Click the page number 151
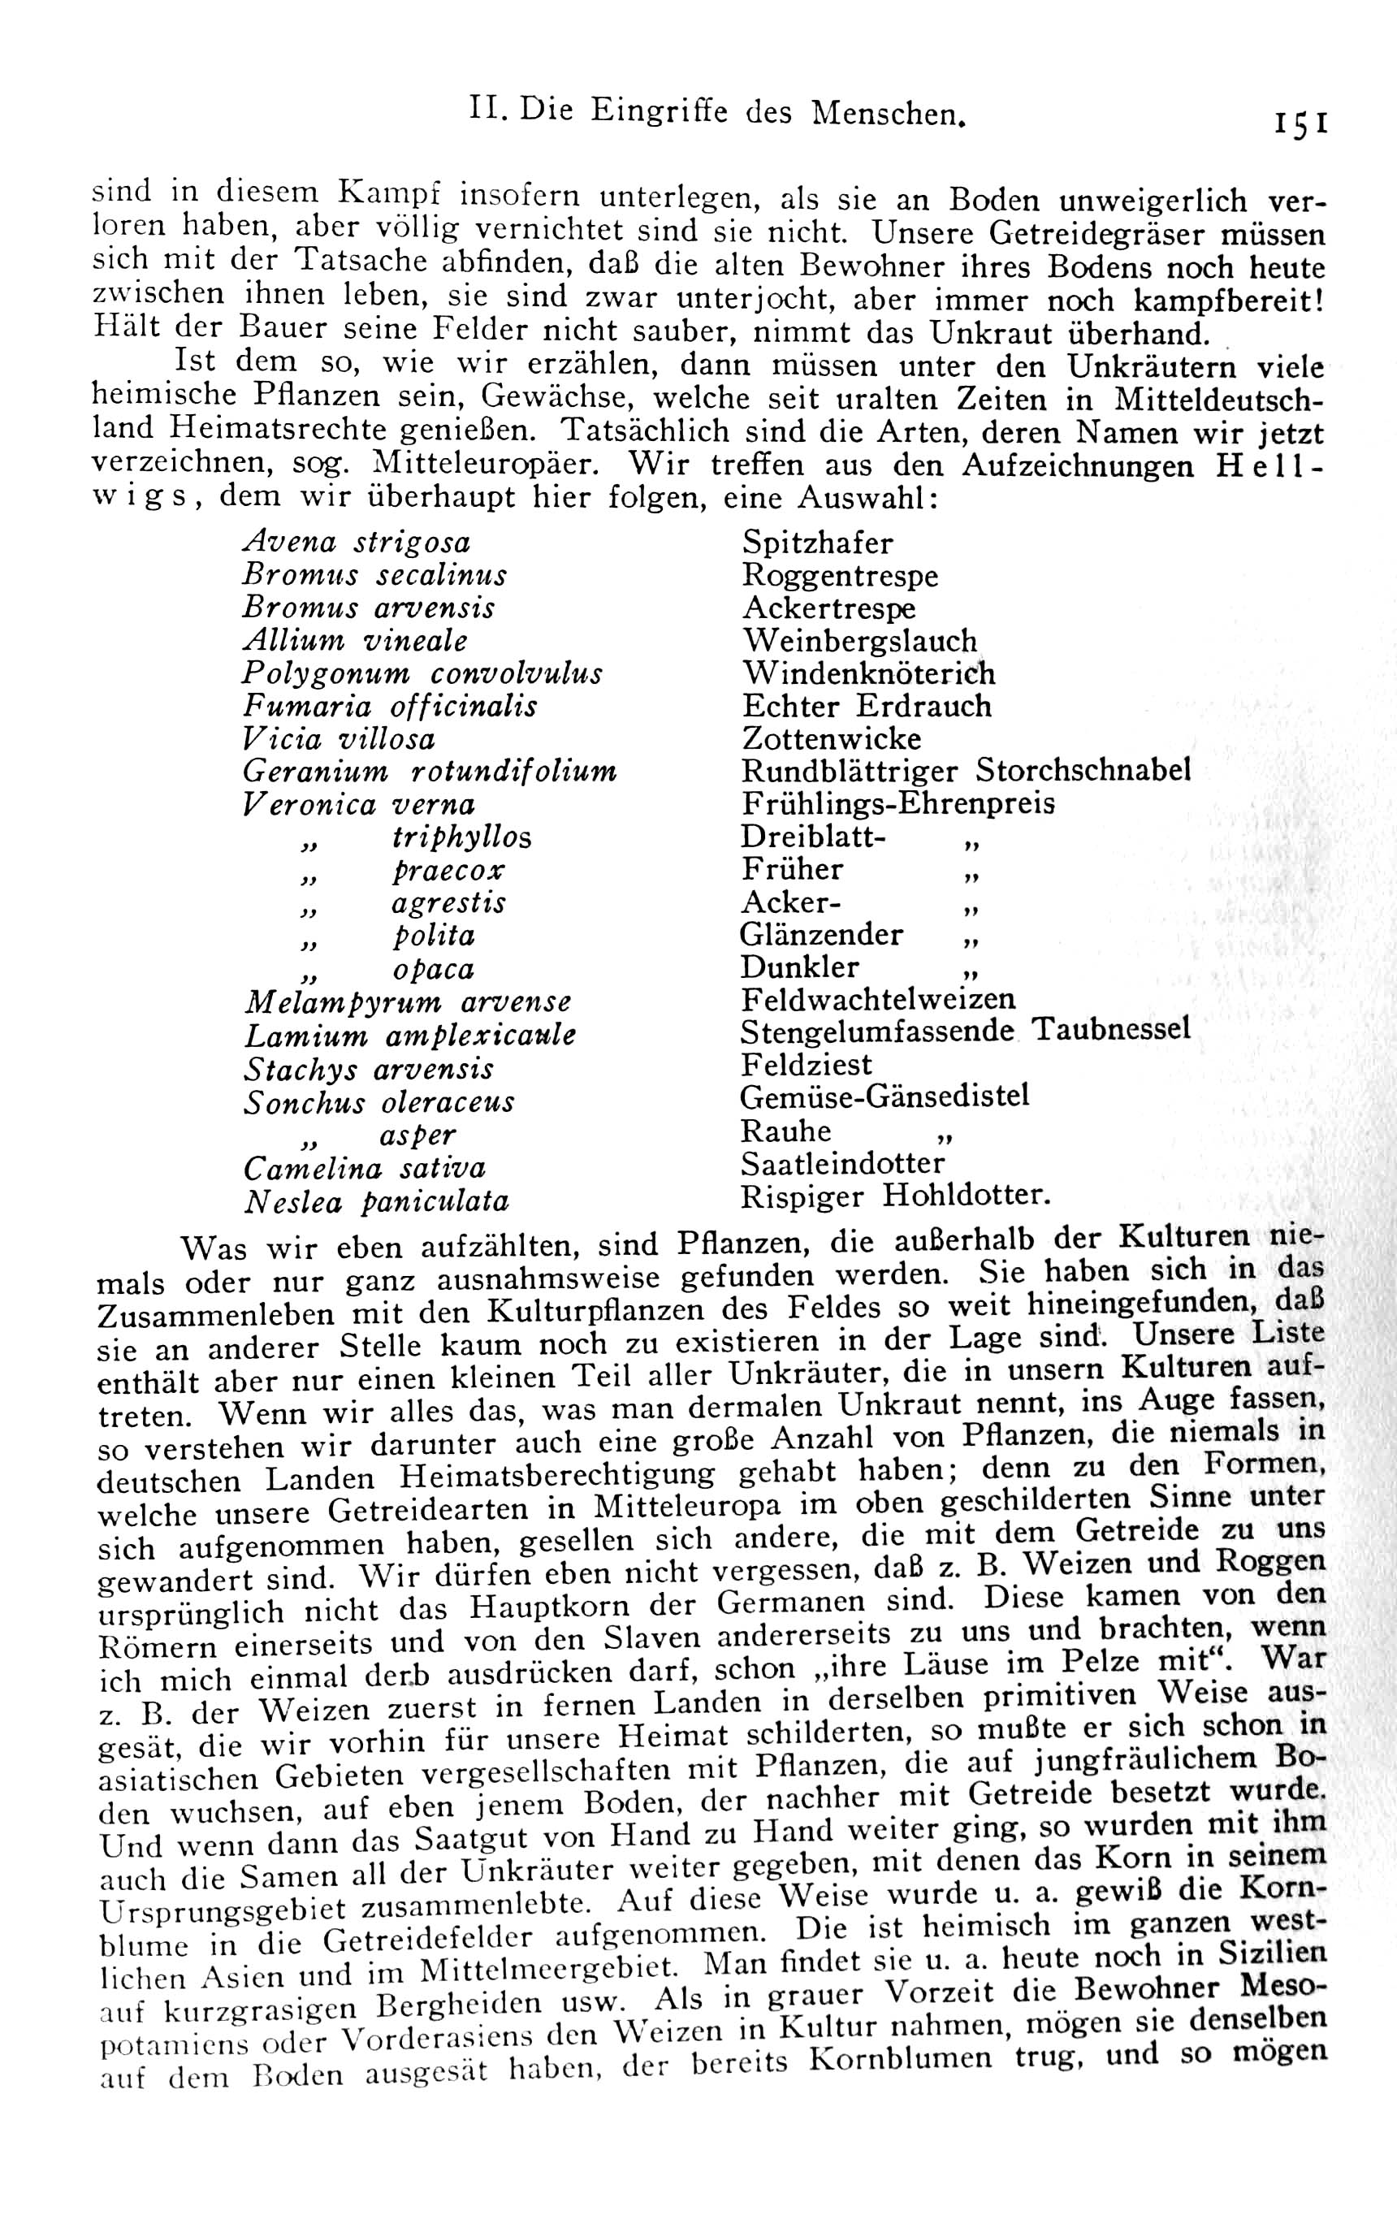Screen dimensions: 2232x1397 1300,123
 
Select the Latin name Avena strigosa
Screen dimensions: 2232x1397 356,543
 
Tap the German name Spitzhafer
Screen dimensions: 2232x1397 818,543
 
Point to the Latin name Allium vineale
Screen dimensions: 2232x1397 355,640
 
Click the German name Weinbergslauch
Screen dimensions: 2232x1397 859,640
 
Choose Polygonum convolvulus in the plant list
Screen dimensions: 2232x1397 422,673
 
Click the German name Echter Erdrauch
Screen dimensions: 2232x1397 866,706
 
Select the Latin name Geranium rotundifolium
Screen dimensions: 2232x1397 430,771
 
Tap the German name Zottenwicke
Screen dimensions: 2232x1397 832,739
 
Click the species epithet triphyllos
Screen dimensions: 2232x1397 461,837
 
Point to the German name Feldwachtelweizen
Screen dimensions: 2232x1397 878,999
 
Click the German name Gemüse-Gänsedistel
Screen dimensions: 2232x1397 885,1097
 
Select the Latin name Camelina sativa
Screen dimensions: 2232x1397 364,1169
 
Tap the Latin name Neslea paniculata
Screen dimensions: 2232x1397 376,1202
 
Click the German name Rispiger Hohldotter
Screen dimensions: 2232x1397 895,1196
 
